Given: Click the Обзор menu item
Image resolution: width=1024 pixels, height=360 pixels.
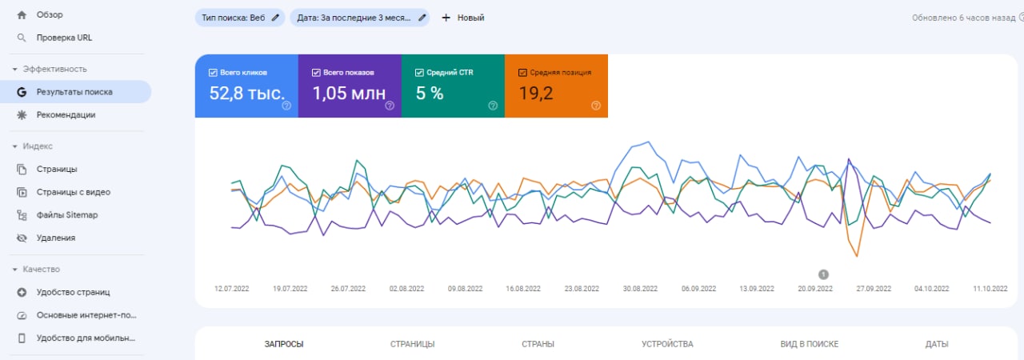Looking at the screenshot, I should pyautogui.click(x=50, y=14).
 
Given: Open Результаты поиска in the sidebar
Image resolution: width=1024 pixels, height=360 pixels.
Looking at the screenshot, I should pyautogui.click(x=74, y=92).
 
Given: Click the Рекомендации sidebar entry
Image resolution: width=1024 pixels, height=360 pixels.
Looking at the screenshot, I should pyautogui.click(x=66, y=115).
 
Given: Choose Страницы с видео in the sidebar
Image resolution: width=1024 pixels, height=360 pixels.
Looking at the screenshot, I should pyautogui.click(x=73, y=192).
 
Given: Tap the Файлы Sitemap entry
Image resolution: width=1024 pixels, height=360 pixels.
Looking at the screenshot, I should pyautogui.click(x=66, y=215).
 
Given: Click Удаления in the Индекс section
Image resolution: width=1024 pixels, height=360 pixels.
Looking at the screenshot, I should pyautogui.click(x=56, y=238).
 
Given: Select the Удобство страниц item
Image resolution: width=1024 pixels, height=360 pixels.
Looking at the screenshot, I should pyautogui.click(x=73, y=292).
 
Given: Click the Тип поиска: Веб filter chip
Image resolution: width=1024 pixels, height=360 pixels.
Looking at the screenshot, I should pyautogui.click(x=240, y=18).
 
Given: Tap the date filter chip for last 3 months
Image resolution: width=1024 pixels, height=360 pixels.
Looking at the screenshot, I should pyautogui.click(x=359, y=18).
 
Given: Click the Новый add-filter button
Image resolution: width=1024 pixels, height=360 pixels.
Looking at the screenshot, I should pyautogui.click(x=462, y=18).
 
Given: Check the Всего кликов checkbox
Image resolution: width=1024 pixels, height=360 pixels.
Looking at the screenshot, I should pyautogui.click(x=213, y=72).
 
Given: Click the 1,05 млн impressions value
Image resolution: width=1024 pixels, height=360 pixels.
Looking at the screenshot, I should pyautogui.click(x=348, y=94).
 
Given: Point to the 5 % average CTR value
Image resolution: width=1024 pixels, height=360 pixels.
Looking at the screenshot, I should pyautogui.click(x=429, y=94).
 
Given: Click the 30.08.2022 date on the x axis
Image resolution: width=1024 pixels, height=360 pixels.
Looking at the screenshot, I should pyautogui.click(x=640, y=288).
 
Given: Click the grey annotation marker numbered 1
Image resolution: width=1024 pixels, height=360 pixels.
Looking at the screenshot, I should pyautogui.click(x=823, y=274).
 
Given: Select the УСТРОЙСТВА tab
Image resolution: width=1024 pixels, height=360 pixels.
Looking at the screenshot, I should pyautogui.click(x=667, y=344).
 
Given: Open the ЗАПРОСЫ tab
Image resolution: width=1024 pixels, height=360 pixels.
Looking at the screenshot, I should pyautogui.click(x=284, y=344).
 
